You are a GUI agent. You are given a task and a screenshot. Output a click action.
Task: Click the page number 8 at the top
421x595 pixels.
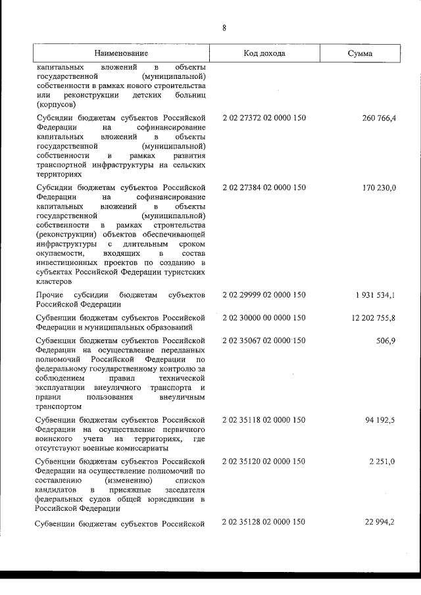(x=224, y=28)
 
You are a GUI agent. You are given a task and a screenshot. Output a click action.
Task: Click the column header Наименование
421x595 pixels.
(x=121, y=53)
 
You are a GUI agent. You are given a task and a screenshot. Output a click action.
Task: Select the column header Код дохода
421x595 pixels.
(x=264, y=53)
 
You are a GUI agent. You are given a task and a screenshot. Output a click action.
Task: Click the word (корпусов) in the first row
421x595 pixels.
(x=57, y=104)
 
